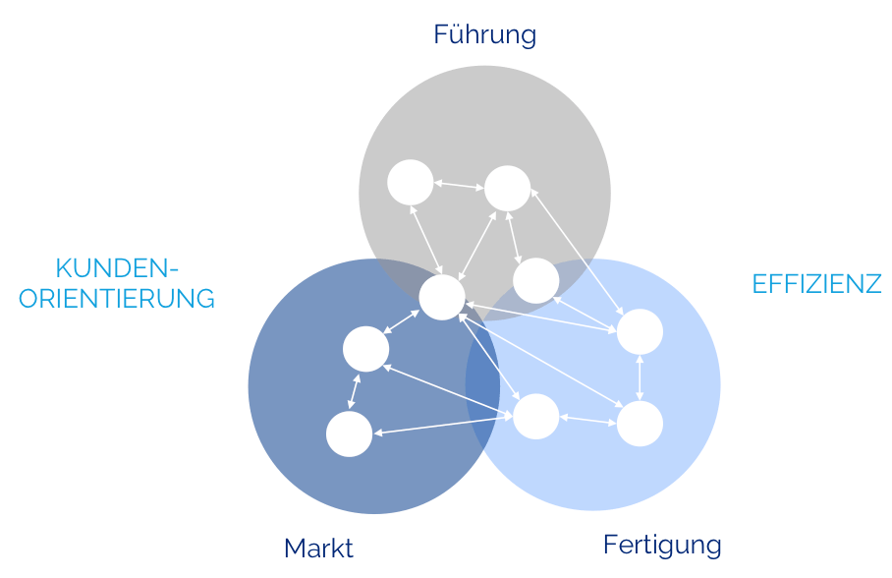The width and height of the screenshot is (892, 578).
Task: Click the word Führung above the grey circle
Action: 484,35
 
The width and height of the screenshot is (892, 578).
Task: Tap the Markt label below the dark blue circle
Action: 318,549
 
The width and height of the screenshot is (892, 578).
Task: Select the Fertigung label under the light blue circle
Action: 662,546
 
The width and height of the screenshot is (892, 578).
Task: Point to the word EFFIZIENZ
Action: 817,284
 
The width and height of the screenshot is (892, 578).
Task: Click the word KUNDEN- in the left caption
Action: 117,268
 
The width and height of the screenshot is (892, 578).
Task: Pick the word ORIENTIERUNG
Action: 117,299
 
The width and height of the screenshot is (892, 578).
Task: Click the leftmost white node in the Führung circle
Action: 411,182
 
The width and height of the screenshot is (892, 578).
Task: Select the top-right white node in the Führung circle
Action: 508,189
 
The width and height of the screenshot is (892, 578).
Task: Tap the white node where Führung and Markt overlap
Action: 442,297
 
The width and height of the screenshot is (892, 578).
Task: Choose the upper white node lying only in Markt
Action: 365,349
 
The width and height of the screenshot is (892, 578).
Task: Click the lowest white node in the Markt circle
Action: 350,433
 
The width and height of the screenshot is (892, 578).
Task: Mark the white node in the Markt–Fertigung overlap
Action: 535,417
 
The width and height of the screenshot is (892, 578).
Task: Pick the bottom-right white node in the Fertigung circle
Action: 640,424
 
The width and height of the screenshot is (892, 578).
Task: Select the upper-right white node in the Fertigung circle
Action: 640,332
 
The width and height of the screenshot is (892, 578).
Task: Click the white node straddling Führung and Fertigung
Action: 535,281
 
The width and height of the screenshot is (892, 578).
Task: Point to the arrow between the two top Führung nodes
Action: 459,185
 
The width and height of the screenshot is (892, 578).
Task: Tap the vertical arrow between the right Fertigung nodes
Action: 640,377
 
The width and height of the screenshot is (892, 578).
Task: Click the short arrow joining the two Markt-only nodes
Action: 354,391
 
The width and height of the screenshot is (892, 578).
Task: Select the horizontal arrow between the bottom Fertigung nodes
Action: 588,421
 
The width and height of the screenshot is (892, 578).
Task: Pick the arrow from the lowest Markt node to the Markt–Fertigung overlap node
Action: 443,426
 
